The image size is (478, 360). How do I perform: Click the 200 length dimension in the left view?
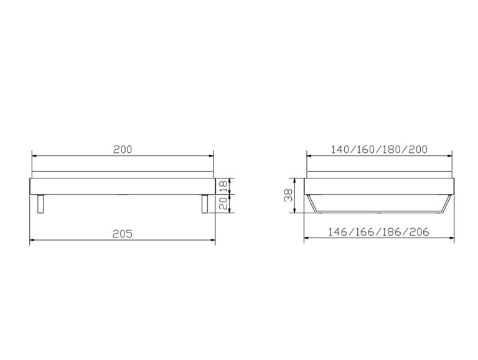[x=122, y=149]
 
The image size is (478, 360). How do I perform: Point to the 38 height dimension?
[x=288, y=196]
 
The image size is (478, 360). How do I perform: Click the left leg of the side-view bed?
[x=42, y=204]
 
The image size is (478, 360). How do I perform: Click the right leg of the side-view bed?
[x=204, y=204]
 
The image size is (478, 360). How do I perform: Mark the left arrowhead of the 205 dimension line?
[x=32, y=240]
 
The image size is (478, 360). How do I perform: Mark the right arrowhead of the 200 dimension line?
[x=212, y=155]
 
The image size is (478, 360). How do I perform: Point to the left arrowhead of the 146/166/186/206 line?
[x=306, y=239]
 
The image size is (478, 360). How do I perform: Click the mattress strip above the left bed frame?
[x=122, y=174]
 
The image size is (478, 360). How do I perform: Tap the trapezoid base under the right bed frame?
[x=380, y=205]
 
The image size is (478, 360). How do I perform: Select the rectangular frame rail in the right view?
[x=380, y=187]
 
